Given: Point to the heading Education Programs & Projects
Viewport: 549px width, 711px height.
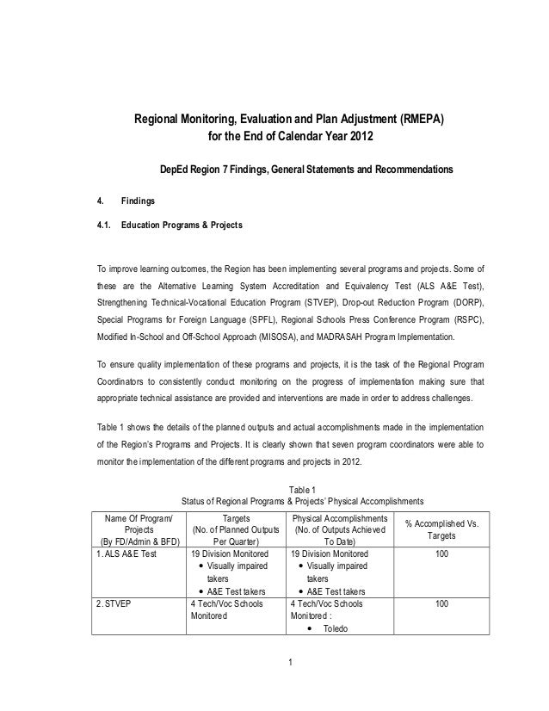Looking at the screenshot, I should tap(182, 226).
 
